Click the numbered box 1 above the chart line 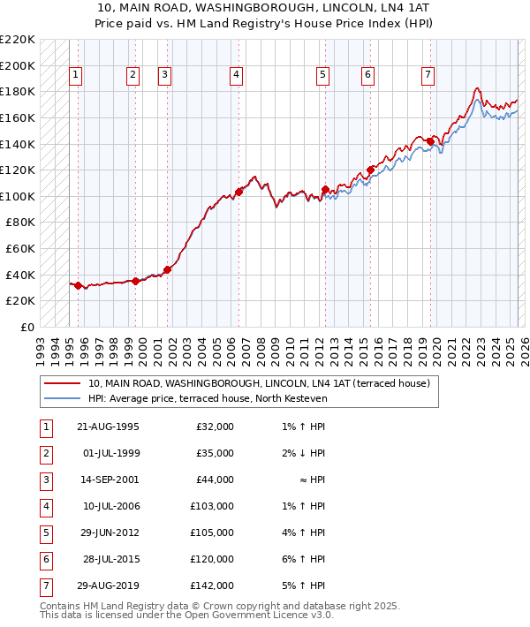pos(76,76)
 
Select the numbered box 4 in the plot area pos(237,76)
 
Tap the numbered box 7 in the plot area pos(428,76)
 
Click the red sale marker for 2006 pos(238,192)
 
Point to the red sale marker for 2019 pos(430,141)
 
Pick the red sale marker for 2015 pos(370,170)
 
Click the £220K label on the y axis pos(18,40)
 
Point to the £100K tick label pos(18,196)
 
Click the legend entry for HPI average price pos(208,399)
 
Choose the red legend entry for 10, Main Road pos(258,383)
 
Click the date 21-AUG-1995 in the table pos(109,427)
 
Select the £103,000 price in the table pos(212,506)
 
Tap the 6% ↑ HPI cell pos(304,559)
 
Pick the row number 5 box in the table pos(45,533)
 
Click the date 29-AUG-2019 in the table pos(109,585)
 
